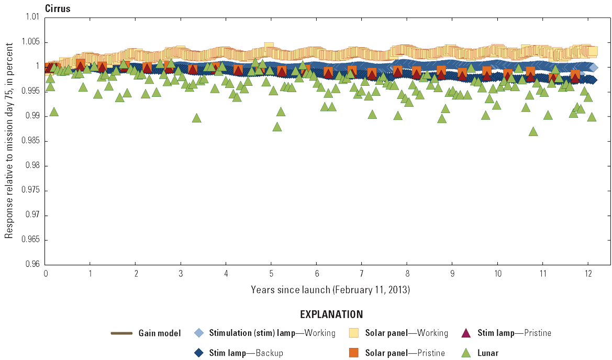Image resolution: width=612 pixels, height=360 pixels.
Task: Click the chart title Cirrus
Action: tap(58, 8)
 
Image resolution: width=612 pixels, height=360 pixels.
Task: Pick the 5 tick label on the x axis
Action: tap(271, 274)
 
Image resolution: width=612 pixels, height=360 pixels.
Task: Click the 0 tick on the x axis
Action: tap(46, 274)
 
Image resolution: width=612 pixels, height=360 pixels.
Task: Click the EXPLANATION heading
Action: tap(331, 314)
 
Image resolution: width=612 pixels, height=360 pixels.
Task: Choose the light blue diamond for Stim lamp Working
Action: tap(199, 333)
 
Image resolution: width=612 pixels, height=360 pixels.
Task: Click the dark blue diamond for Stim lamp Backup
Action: tap(199, 353)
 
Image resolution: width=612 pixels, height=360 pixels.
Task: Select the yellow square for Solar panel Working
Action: tap(354, 333)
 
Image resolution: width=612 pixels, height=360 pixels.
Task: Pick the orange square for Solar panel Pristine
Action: tap(354, 353)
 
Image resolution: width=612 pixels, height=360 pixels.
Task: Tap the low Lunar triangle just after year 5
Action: tap(277, 127)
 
